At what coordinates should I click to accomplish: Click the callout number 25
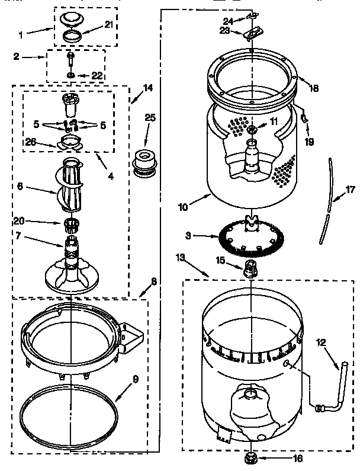[150, 117]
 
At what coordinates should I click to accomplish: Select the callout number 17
[350, 190]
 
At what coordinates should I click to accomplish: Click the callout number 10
[184, 207]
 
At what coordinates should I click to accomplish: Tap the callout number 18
[313, 88]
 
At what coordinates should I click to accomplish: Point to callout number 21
[108, 24]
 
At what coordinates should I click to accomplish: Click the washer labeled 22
[70, 75]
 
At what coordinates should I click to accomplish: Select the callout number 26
[30, 141]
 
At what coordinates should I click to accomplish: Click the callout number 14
[147, 88]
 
